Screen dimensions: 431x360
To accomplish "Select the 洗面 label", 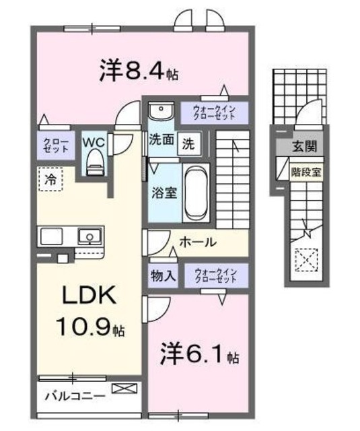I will tap(161, 142).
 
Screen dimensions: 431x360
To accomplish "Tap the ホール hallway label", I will tap(198, 242).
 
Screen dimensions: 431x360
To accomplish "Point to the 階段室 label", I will tap(306, 170).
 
